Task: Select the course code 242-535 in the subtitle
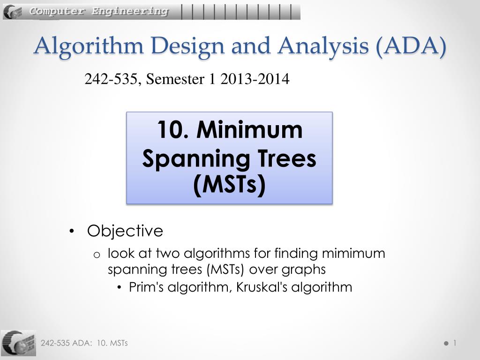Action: pos(111,79)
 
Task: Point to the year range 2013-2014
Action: pos(255,79)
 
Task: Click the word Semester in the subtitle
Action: pos(175,79)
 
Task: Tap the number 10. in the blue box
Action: pos(172,129)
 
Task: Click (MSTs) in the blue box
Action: pos(229,185)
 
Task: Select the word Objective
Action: pos(125,231)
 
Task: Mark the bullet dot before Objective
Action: pos(72,232)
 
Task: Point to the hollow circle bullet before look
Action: pos(97,255)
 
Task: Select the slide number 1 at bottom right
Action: pos(455,343)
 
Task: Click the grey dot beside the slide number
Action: pos(446,344)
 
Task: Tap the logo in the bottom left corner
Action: pos(18,343)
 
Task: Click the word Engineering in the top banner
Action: pos(130,11)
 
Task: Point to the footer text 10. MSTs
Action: pos(112,343)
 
